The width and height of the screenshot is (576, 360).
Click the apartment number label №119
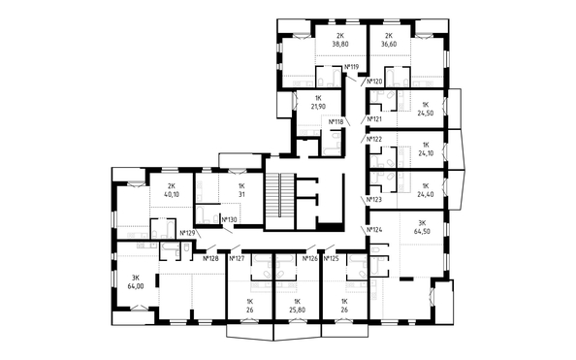351,67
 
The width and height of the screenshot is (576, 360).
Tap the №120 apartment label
375,82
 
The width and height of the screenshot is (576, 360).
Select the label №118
336,121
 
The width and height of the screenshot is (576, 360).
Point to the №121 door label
374,118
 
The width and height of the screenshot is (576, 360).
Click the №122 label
374,140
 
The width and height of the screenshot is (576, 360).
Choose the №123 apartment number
374,200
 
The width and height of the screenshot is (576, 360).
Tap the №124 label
375,230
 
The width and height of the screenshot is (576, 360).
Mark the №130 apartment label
229,220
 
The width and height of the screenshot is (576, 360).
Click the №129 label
187,233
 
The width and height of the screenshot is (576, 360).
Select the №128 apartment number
210,258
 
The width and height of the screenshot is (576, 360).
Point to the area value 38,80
340,44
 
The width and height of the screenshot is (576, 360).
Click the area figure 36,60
389,44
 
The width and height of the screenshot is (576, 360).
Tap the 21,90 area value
318,107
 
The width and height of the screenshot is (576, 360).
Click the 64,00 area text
136,286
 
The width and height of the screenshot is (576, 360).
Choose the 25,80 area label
297,310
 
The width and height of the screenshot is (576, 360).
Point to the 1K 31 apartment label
241,190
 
